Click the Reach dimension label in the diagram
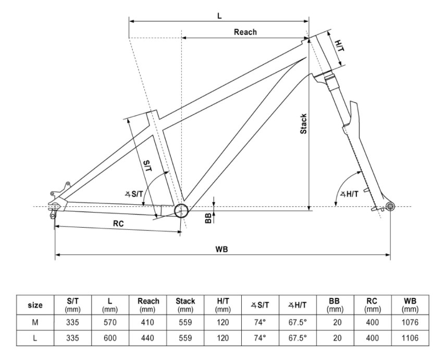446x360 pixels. coord(245,32)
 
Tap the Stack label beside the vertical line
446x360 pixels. coord(303,124)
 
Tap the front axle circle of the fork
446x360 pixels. coord(390,207)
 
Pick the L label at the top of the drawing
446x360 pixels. coord(219,16)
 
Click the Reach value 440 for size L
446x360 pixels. coord(148,338)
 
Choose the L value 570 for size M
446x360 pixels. coord(110,322)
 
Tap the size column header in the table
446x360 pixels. coord(35,305)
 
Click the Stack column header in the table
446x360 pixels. coord(185,305)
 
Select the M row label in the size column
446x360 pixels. coord(35,322)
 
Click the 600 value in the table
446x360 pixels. coord(110,338)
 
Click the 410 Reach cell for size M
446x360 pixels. coord(148,322)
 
